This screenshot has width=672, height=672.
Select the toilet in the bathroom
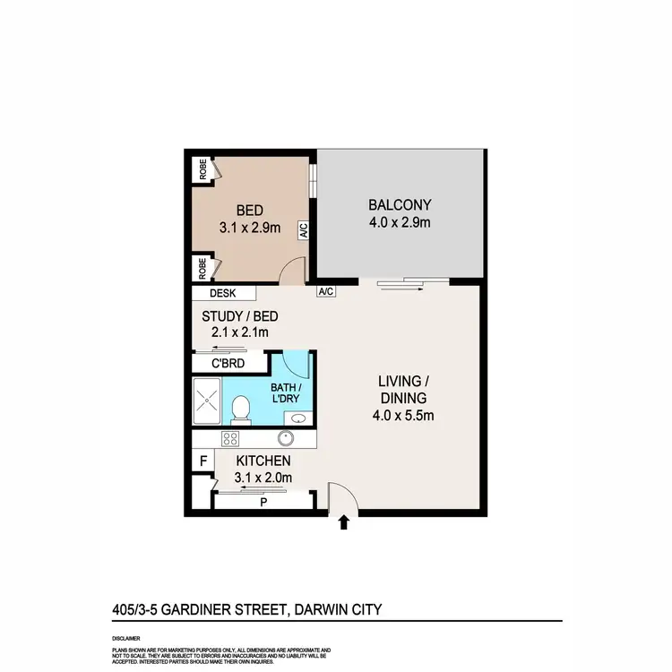click(x=239, y=410)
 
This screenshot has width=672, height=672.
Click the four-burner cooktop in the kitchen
click(x=229, y=439)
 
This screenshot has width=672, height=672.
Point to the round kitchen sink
click(x=286, y=439)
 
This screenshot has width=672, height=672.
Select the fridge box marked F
click(x=203, y=461)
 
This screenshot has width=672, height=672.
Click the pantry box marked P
click(x=263, y=502)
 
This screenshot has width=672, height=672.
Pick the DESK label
click(x=221, y=293)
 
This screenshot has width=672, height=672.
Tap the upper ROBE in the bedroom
click(x=203, y=169)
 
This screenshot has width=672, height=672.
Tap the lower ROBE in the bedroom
click(x=203, y=266)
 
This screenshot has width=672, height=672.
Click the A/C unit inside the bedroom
click(x=303, y=231)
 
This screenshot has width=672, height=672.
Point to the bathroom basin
click(x=297, y=418)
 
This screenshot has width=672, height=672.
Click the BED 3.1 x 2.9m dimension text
click(x=250, y=228)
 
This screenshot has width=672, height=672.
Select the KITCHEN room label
click(x=262, y=461)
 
